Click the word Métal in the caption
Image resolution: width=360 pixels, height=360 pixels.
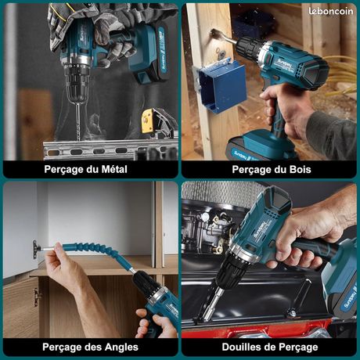[x=109, y=169]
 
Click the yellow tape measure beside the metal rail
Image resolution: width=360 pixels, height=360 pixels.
[x=149, y=122]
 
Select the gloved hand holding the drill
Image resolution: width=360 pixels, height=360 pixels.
[x=86, y=27]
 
